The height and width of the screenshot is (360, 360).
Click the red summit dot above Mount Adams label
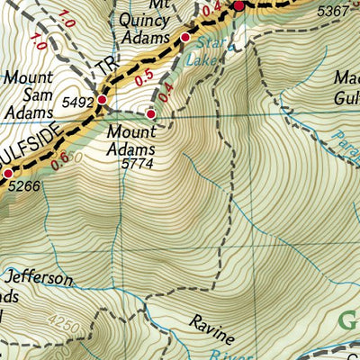click(x=150, y=114)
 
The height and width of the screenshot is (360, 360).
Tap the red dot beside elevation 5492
click(x=103, y=99)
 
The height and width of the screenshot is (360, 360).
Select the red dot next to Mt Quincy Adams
click(x=185, y=38)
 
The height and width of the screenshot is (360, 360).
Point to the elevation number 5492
click(x=77, y=101)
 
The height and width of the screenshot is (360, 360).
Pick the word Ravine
click(x=212, y=330)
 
